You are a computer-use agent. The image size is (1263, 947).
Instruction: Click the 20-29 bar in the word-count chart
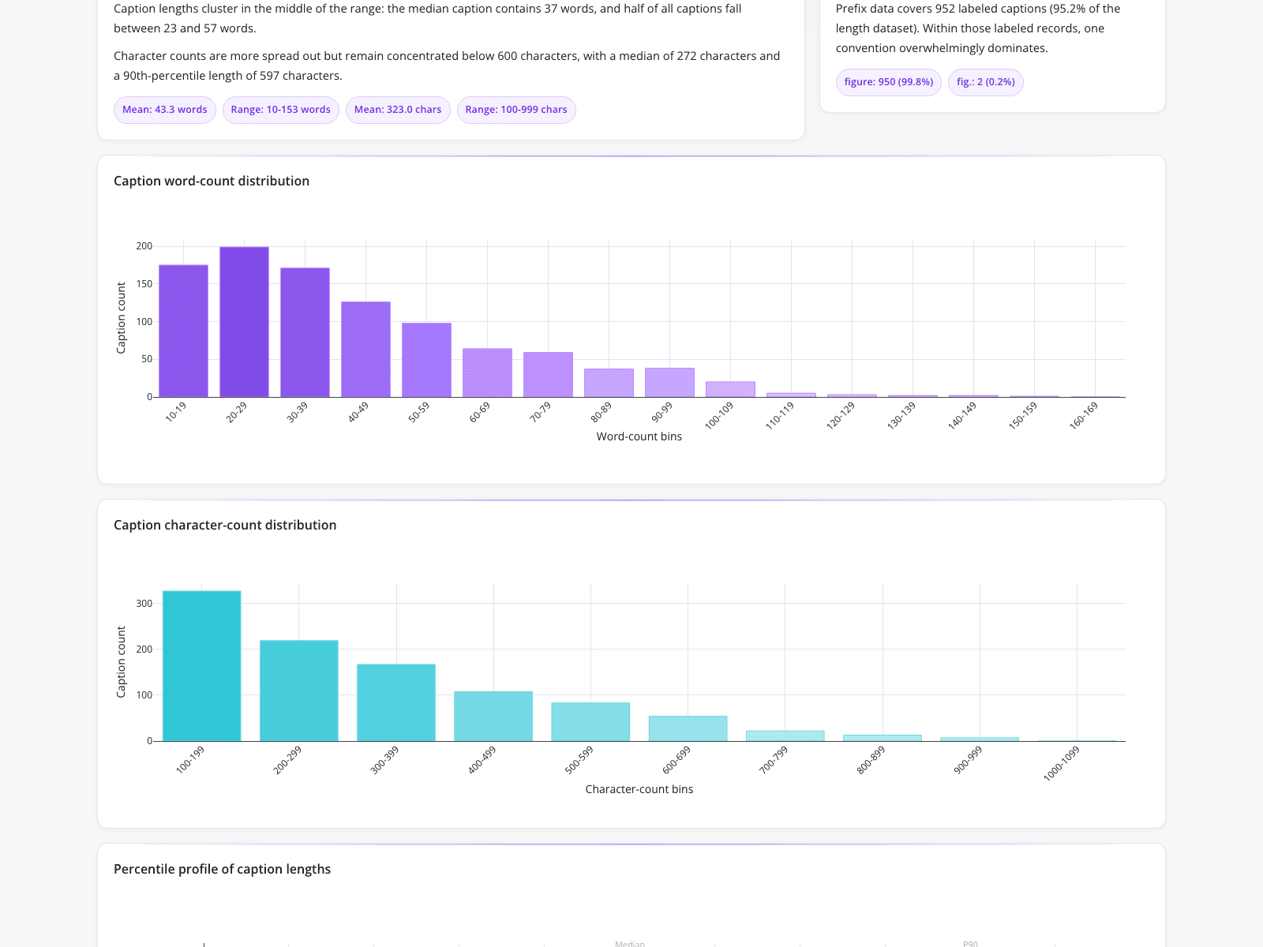click(x=244, y=322)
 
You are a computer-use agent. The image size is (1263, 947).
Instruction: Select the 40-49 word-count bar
click(x=365, y=349)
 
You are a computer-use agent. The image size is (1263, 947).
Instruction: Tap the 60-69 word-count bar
click(x=487, y=372)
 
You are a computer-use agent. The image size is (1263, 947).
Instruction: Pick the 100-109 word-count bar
click(x=730, y=389)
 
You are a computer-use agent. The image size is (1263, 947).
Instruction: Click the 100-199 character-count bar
click(x=201, y=666)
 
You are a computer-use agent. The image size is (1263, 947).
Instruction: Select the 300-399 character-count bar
click(x=396, y=702)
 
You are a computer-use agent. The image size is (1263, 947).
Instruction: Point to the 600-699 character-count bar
click(x=688, y=728)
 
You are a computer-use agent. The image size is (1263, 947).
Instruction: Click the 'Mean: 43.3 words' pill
click(x=164, y=109)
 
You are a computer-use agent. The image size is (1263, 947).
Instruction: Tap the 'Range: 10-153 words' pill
click(x=281, y=109)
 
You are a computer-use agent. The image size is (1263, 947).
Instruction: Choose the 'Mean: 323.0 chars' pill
click(x=398, y=109)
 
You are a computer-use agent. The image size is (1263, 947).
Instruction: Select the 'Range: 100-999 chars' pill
click(x=516, y=109)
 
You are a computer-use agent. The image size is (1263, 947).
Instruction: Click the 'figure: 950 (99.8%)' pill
click(x=888, y=81)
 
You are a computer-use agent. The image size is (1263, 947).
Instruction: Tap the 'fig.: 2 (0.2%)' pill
click(x=986, y=81)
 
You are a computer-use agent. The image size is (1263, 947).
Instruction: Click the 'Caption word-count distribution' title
click(x=212, y=182)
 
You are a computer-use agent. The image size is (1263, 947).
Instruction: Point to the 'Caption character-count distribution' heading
click(x=225, y=525)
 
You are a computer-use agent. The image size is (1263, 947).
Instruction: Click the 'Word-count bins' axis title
click(x=639, y=436)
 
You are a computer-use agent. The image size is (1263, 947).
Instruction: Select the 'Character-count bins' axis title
click(x=639, y=789)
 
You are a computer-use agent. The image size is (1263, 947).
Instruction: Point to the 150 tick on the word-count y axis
click(x=144, y=284)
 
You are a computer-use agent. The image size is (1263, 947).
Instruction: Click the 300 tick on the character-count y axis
click(x=144, y=604)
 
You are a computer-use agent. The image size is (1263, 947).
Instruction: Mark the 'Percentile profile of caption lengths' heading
click(x=222, y=869)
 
